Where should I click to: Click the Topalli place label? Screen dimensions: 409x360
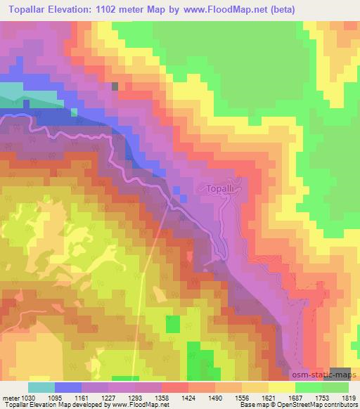pyautogui.click(x=225, y=188)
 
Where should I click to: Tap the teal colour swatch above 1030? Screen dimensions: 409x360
pyautogui.click(x=41, y=387)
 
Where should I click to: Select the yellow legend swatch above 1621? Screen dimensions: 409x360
pyautogui.click(x=281, y=387)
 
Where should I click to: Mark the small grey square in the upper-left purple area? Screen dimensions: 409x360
pyautogui.click(x=115, y=86)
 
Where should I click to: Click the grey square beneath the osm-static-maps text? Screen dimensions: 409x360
pyautogui.click(x=340, y=372)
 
